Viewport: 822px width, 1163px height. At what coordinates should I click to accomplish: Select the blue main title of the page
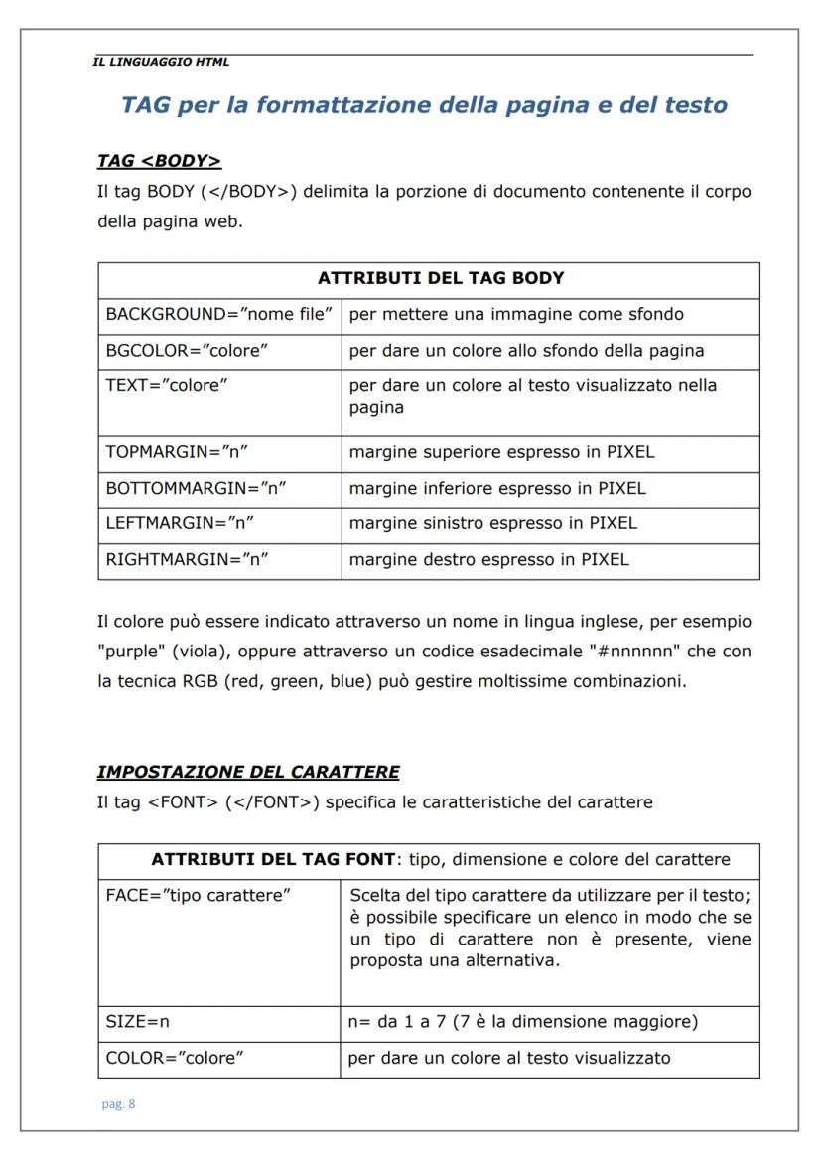[424, 105]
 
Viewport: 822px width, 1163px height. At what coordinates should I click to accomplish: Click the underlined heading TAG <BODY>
[159, 161]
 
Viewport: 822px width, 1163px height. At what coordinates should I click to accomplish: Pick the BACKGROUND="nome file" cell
[218, 315]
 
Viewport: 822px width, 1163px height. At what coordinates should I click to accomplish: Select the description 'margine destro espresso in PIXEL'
[488, 559]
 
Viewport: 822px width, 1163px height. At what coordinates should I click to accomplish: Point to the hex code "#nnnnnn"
[620, 653]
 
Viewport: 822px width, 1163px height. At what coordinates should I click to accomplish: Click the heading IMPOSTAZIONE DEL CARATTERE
[248, 772]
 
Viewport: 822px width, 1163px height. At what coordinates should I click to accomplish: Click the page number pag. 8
[118, 1105]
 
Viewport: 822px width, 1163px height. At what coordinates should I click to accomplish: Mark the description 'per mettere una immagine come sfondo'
[516, 315]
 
